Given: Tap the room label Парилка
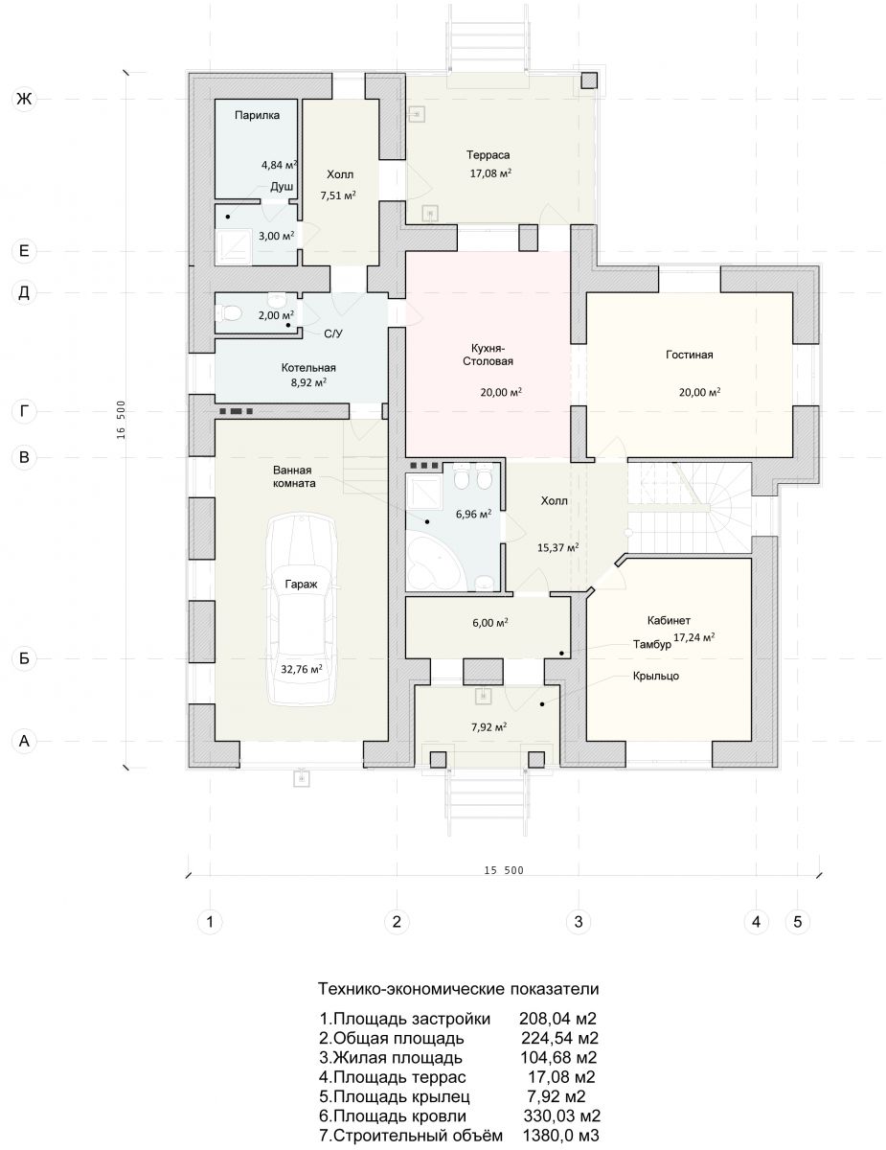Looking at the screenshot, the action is pos(257,115).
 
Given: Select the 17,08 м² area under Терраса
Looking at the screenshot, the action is pos(490,173).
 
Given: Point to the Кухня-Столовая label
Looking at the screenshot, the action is pos(488,355).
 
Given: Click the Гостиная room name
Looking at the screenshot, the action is pos(690,355).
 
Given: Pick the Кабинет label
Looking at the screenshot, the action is pos(669,620).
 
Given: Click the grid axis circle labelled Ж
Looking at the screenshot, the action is pos(24,99).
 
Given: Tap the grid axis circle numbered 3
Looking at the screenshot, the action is pos(579,922).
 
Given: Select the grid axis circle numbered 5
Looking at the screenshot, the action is pos(797,922).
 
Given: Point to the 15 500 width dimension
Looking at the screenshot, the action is pos(504,870).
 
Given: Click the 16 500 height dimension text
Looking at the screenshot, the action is pos(121,420).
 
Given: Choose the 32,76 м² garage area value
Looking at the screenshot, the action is pos(302,669).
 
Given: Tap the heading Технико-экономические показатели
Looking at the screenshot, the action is pos(458,989).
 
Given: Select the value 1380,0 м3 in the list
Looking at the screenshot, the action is pos(560,1136).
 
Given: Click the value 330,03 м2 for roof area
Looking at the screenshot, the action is pos(561,1115).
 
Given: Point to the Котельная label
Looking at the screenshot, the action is pos(308,368).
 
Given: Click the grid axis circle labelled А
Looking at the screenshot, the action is pos(24,742).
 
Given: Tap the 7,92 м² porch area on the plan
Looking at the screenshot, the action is pos(488,727).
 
